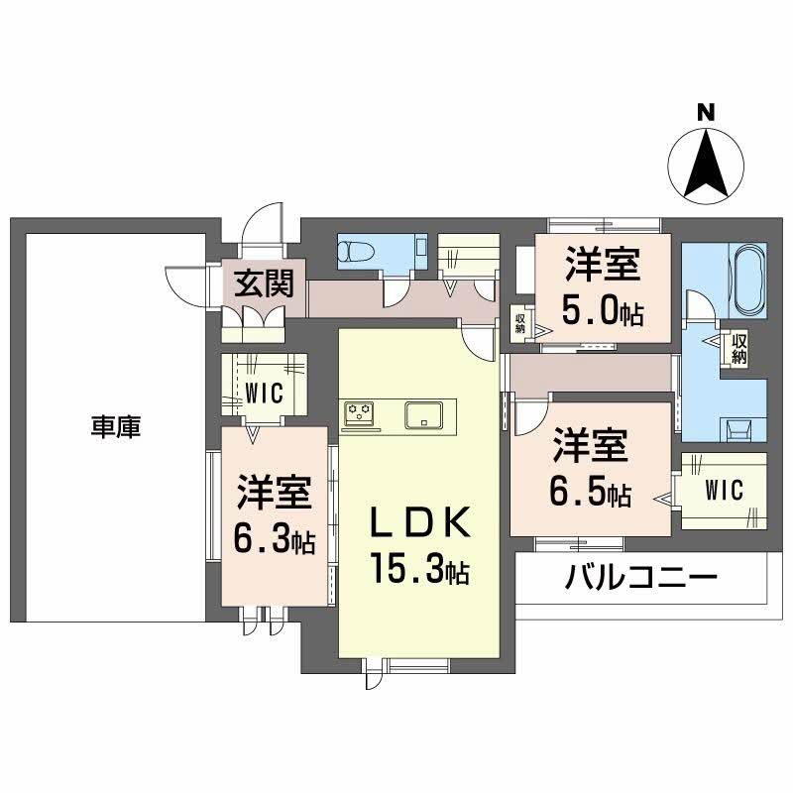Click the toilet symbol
pos(356,250)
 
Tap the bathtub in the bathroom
pos(750,280)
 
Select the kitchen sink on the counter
pos(423,415)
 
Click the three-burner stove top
pos(359,413)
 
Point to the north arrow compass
pos(706,166)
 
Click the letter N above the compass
pos(706,112)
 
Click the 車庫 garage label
pos(116,427)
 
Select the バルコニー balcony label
pos(640,577)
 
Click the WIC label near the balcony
pos(724,490)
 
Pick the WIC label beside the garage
pos(264,394)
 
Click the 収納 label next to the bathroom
pos(738,349)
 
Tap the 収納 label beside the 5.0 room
pos(520,324)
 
